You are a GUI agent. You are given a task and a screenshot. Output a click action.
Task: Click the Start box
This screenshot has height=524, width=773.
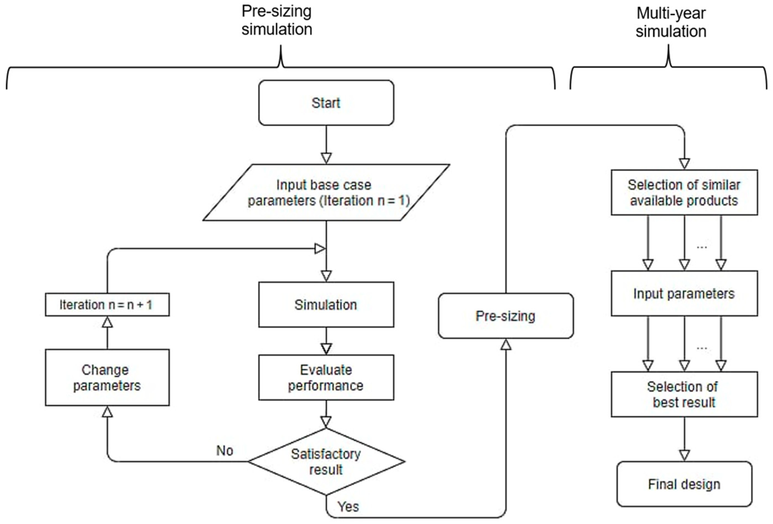(326, 103)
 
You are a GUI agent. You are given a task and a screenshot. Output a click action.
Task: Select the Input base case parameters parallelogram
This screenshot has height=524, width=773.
(326, 193)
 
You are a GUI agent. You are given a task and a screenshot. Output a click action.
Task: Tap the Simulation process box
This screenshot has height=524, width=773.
(326, 305)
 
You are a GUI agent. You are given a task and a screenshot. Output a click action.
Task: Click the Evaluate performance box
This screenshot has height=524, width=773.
(326, 377)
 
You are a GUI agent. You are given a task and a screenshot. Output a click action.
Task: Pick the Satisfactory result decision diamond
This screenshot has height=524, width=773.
(326, 461)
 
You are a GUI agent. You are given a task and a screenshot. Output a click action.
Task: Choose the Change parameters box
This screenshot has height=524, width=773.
(107, 377)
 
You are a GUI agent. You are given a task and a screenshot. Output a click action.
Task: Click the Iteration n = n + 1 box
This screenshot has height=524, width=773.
(107, 305)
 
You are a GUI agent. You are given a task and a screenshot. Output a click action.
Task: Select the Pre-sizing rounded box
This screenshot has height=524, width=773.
(506, 316)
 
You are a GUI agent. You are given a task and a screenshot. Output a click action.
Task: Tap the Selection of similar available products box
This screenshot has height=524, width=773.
(685, 193)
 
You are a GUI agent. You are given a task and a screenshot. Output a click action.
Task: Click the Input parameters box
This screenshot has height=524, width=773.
(685, 293)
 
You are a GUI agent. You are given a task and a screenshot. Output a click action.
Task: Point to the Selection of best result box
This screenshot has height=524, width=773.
(685, 394)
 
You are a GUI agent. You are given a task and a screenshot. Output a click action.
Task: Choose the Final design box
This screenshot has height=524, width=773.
(685, 484)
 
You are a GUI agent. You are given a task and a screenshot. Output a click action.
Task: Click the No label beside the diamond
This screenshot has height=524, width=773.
(225, 451)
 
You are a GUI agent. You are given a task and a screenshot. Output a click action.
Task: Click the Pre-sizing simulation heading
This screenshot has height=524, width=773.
(277, 20)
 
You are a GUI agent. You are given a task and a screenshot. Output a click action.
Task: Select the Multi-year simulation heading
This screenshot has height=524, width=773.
(671, 22)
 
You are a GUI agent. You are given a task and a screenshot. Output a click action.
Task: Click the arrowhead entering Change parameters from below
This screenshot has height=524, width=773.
(107, 411)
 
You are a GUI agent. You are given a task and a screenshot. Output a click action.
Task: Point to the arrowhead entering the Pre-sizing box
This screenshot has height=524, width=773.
(506, 344)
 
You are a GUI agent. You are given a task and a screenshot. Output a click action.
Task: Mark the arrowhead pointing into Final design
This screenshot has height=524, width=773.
(685, 456)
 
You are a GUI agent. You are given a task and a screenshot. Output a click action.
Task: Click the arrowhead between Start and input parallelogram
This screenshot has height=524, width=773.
(326, 158)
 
